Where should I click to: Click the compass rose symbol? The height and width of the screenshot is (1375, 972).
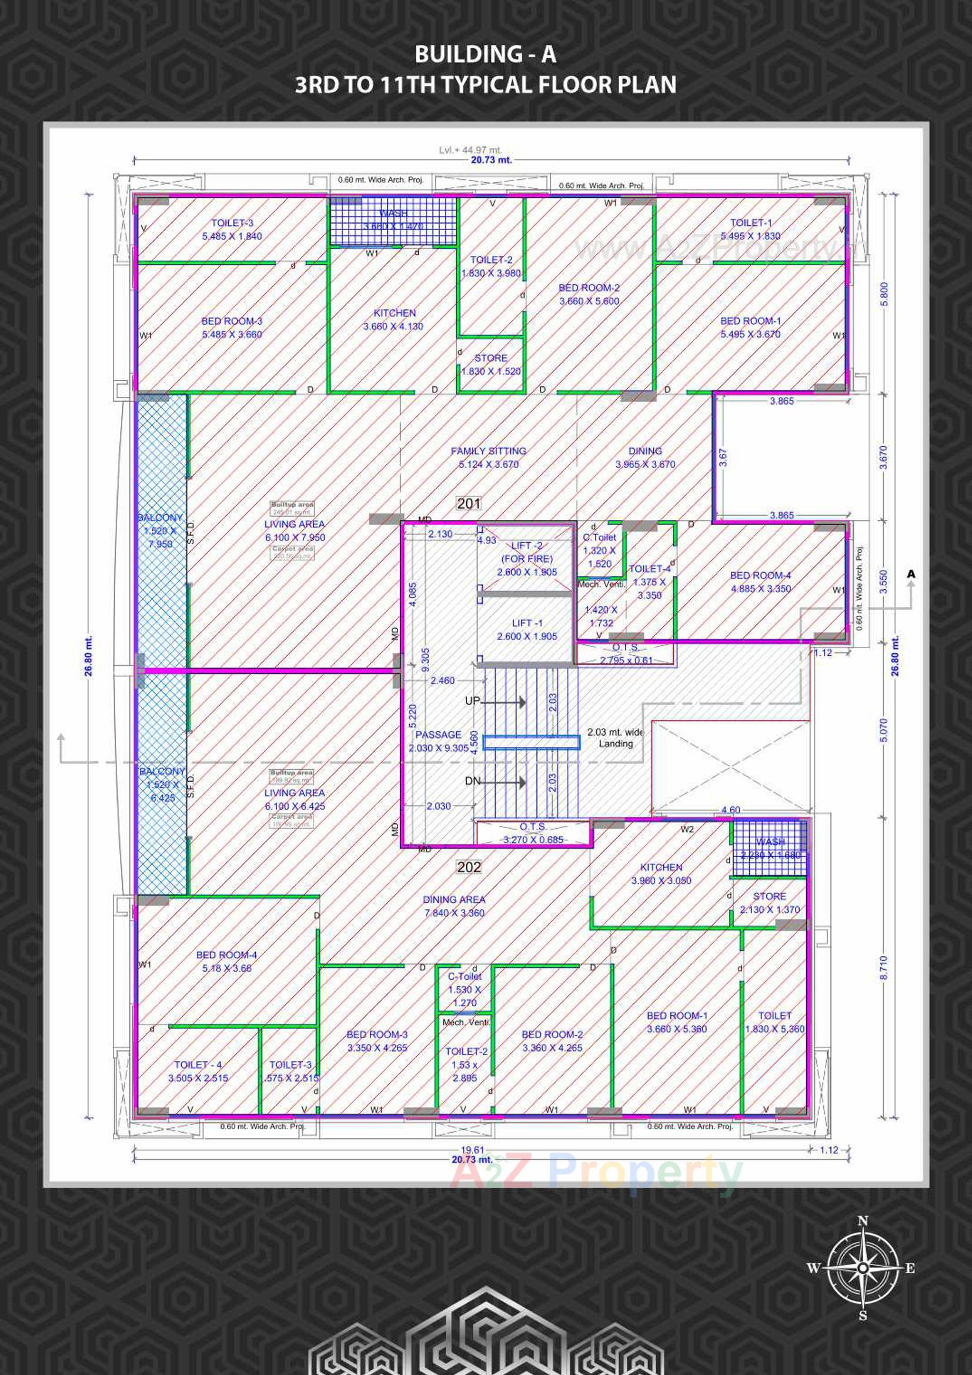tap(862, 1268)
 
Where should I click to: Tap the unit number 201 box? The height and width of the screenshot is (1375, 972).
tap(469, 503)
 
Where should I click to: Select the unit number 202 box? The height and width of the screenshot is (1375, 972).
tap(469, 867)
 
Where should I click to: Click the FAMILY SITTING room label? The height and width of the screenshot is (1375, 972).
tap(489, 458)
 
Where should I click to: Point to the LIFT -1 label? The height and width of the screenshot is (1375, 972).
tap(527, 629)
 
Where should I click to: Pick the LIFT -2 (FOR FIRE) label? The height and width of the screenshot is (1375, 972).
tap(527, 559)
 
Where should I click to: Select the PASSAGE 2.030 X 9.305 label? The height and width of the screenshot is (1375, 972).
tap(439, 741)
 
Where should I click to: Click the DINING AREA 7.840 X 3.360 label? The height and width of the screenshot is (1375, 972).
tap(454, 906)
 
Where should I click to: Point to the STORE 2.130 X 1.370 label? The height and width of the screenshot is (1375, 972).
tap(770, 903)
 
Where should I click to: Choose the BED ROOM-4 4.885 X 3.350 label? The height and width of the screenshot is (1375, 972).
tap(760, 582)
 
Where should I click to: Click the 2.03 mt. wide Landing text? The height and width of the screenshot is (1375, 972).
tap(616, 737)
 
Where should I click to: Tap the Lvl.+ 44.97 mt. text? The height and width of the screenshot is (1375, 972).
tap(470, 150)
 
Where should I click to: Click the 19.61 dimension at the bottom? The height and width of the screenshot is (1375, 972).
tap(473, 1150)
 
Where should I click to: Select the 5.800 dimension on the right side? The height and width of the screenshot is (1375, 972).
tap(884, 293)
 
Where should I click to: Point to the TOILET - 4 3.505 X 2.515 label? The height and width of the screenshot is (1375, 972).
tap(198, 1071)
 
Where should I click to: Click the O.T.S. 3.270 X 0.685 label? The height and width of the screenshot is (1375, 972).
tap(533, 833)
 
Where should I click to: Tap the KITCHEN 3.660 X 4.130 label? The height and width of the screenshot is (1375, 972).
tap(393, 320)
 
